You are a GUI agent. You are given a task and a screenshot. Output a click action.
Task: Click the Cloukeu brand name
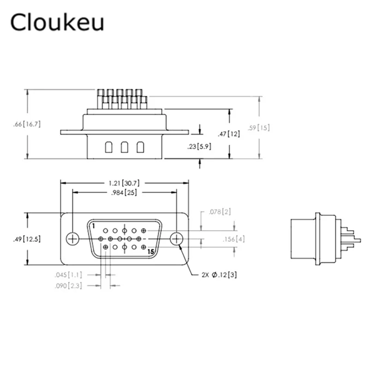[x=57, y=23]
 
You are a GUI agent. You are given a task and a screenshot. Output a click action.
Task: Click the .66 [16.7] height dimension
[x=28, y=124]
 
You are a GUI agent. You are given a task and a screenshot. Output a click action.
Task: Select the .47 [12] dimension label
[x=229, y=134]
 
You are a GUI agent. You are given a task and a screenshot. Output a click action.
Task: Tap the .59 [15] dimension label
[x=259, y=128]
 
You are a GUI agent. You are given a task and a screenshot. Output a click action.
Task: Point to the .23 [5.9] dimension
[x=200, y=147]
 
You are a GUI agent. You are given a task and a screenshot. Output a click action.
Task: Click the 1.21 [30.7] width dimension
[x=124, y=183]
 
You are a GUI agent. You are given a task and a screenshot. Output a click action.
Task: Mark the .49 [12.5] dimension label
[x=28, y=239]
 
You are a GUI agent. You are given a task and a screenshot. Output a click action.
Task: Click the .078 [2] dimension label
[x=220, y=212]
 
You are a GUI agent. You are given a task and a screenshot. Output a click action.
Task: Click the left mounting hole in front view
[x=72, y=238]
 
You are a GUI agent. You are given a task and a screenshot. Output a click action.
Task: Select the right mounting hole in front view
[x=176, y=238]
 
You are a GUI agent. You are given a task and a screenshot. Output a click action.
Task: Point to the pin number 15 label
[x=150, y=252]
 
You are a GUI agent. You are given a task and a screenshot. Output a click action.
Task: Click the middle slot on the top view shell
[x=124, y=148]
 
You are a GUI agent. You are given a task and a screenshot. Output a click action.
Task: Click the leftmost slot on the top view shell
[x=108, y=148]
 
